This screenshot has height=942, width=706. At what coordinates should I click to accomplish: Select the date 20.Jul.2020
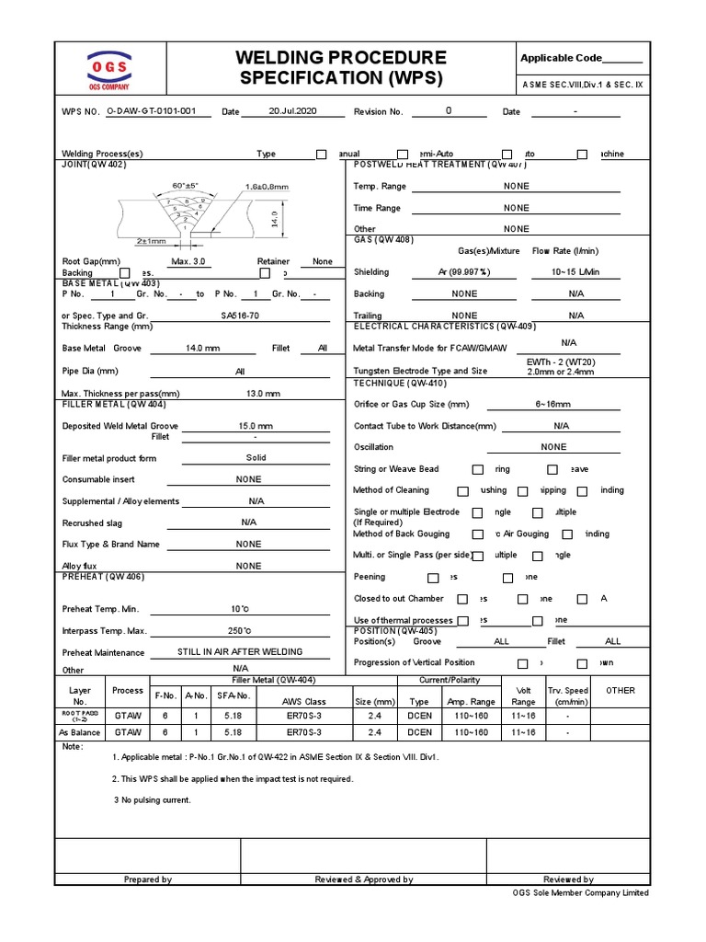click(x=292, y=110)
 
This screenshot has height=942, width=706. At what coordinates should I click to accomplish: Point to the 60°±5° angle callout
click(x=185, y=185)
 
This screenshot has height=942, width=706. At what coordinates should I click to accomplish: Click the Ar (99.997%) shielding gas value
click(x=464, y=272)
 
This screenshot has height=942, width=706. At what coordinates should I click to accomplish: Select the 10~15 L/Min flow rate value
click(x=575, y=272)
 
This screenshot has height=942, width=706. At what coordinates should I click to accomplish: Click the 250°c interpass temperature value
click(x=241, y=631)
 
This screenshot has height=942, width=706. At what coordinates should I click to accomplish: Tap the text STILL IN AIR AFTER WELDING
click(x=240, y=652)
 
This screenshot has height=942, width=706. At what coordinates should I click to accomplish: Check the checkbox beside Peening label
click(x=433, y=578)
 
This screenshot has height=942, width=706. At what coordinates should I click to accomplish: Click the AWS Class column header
click(x=303, y=702)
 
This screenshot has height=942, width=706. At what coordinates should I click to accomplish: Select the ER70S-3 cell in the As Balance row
click(x=303, y=732)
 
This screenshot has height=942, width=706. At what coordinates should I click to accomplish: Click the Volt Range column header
click(x=523, y=695)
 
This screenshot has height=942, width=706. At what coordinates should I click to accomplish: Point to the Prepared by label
click(x=148, y=879)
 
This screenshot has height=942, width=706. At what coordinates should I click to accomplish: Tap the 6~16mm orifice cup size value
click(x=553, y=404)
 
